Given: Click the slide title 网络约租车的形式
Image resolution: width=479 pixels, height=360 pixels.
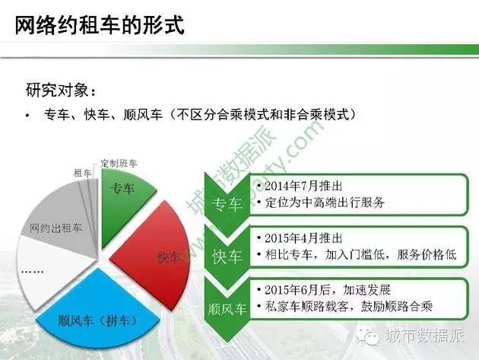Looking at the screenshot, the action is coord(100,25).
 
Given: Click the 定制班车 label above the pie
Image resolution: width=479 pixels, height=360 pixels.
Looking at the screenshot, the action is coord(119,164).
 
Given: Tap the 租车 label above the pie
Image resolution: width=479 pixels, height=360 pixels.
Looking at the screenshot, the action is coord(82,174).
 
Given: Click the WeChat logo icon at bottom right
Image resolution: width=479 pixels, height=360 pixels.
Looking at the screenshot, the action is coord(369,336).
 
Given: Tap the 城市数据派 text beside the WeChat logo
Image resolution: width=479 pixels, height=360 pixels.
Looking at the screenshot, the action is coord(423,336).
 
